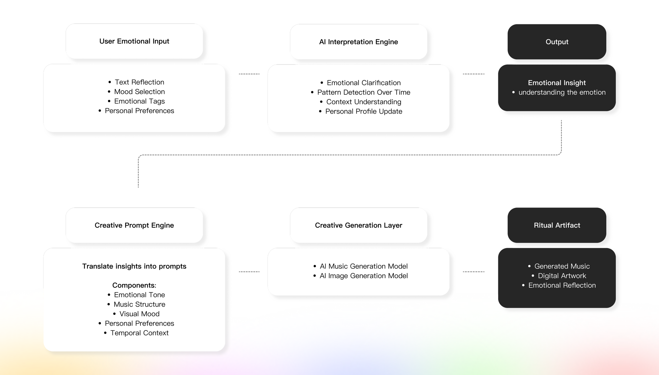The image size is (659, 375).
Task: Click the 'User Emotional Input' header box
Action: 134,41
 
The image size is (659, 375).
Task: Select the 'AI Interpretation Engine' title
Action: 358,42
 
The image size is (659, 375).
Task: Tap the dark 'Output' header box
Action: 557,42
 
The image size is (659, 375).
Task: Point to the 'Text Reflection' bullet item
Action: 139,82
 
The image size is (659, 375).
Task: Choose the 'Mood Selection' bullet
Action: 139,92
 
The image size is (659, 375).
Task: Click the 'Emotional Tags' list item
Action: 139,101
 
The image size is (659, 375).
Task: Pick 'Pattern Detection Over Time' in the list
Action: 364,92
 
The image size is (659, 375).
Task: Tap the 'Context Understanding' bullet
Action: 364,102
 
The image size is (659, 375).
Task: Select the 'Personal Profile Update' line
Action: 364,111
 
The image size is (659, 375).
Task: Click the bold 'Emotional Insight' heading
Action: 557,83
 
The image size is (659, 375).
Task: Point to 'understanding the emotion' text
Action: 562,92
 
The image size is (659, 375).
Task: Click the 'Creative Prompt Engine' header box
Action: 134,225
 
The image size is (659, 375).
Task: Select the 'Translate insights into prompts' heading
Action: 134,266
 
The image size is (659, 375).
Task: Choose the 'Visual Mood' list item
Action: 139,314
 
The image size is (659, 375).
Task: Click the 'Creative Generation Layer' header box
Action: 358,225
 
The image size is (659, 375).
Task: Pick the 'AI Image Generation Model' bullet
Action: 364,276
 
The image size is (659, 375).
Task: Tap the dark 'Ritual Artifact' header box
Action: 557,225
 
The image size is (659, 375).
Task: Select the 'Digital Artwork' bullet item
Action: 562,276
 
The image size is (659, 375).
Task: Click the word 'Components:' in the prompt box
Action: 134,285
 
